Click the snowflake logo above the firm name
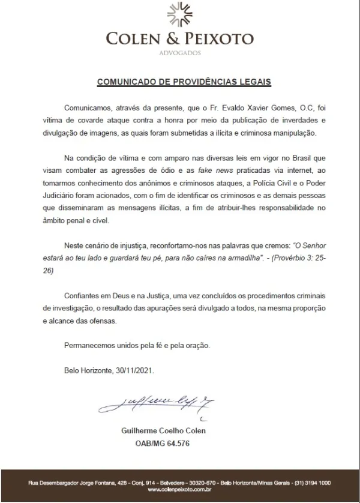pos(180,16)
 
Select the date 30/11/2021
pos(134,370)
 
